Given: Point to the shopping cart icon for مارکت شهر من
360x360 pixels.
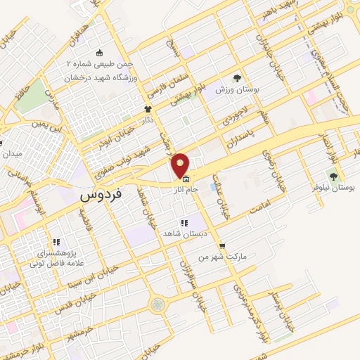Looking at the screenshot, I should pyautogui.click(x=222, y=246).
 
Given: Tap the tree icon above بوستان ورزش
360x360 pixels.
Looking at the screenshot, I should pyautogui.click(x=238, y=79).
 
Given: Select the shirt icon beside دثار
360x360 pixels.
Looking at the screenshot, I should pyautogui.click(x=148, y=109).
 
